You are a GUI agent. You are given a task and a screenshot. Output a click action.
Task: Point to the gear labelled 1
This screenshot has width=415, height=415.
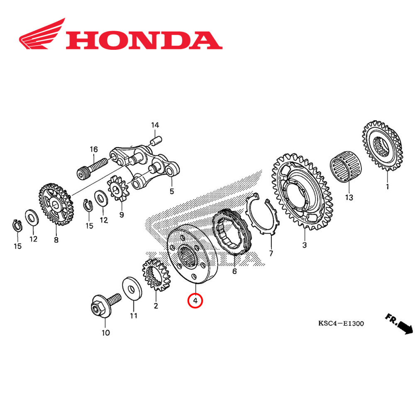[383, 148]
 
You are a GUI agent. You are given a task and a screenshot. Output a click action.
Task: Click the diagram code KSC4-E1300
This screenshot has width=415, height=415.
[341, 323]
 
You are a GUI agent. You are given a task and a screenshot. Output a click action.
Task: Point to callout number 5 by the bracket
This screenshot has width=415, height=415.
[171, 192]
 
